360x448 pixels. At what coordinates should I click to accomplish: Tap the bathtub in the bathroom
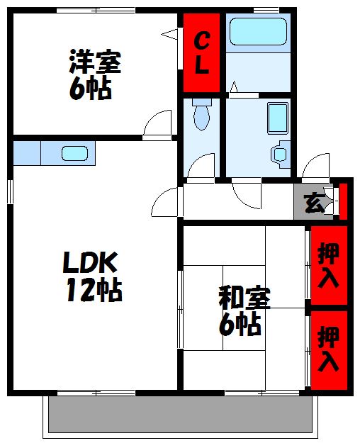(258, 32)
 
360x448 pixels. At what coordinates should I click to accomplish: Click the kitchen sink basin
(74, 152)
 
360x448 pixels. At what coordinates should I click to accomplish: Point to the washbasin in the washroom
(281, 153)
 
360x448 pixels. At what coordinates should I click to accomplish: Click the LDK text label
(89, 264)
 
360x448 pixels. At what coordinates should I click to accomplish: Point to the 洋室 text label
(94, 62)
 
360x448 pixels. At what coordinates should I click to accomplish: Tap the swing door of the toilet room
(203, 167)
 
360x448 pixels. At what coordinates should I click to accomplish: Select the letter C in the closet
(202, 38)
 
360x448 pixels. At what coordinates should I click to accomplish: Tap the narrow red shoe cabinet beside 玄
(343, 201)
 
